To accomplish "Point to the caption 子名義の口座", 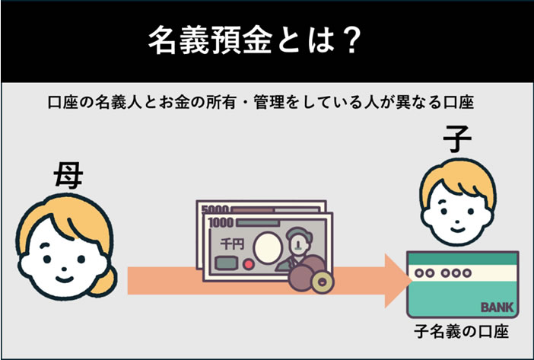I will pyautogui.click(x=461, y=332).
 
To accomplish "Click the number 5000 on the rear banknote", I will pyautogui.click(x=217, y=209).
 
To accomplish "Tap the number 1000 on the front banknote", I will pyautogui.click(x=223, y=225).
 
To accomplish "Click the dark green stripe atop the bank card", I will pyautogui.click(x=462, y=259).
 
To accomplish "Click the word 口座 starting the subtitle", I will pyautogui.click(x=59, y=102).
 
